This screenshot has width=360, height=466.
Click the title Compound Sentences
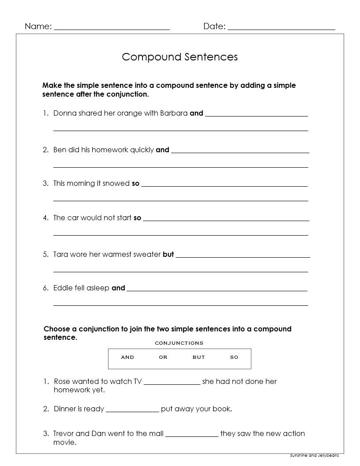180,57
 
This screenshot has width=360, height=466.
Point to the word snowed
116,184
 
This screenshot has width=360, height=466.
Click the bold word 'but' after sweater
168,254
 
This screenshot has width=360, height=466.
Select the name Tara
60,254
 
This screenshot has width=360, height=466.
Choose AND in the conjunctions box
127,357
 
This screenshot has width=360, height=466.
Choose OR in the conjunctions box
163,357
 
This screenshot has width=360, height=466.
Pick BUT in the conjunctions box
199,357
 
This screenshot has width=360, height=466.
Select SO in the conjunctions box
234,357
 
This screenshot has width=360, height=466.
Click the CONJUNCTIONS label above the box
179,343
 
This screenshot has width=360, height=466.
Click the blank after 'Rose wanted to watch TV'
172,383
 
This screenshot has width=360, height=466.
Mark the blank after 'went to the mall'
191,435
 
